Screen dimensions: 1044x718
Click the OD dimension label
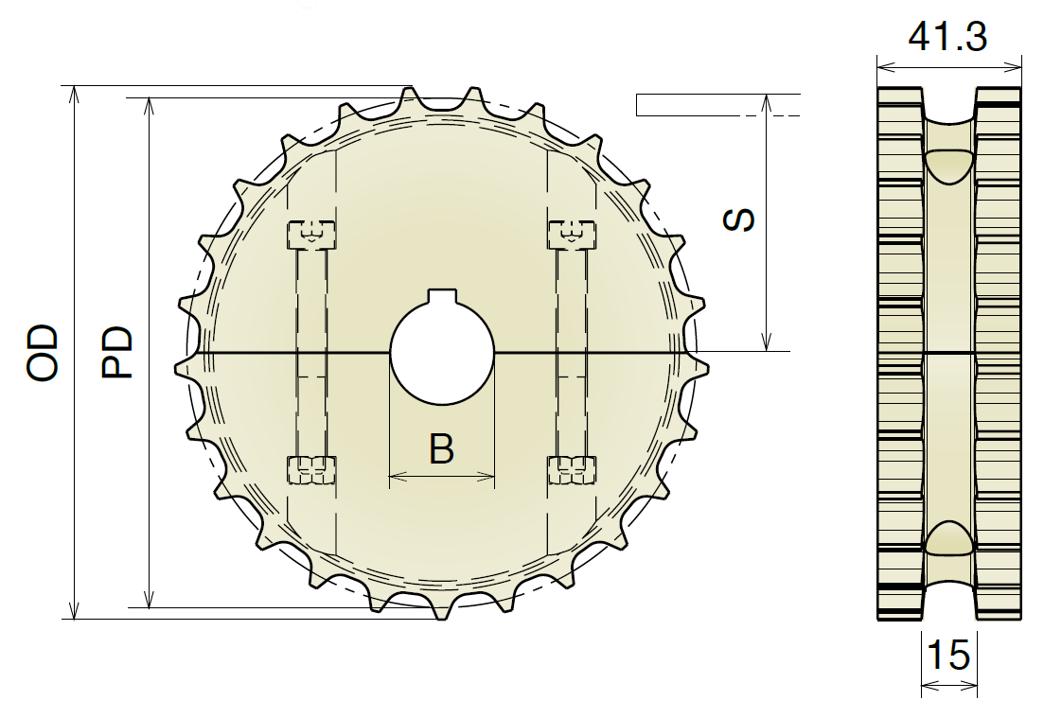[43, 353]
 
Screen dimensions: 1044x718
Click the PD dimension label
[117, 353]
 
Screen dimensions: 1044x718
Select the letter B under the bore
[441, 448]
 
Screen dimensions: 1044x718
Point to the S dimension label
[739, 220]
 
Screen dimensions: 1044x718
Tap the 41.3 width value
[947, 36]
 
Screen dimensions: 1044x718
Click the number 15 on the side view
[948, 655]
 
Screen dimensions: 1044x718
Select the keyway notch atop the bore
[442, 296]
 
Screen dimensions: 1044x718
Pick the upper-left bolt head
[311, 234]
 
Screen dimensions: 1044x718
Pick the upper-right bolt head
[572, 234]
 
